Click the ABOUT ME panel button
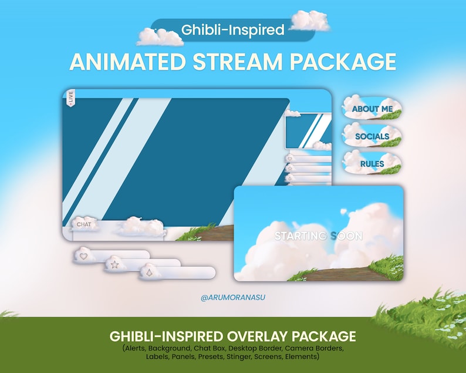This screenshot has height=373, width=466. (372, 109)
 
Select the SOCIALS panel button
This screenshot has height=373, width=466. (372, 136)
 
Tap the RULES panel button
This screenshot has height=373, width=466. (372, 164)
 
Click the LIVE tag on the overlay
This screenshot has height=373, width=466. (70, 98)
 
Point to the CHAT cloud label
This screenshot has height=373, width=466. (84, 224)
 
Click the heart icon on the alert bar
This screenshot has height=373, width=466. (83, 257)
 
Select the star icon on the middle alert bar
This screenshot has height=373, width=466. (114, 265)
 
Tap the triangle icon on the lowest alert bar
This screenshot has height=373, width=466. (148, 273)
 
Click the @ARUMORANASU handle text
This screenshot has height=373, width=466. (233, 298)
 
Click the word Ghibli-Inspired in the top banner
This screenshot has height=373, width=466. (233, 29)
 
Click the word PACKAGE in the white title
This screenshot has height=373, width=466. (342, 61)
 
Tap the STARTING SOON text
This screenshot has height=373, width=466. (319, 236)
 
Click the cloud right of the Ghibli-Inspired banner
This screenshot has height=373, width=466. (310, 21)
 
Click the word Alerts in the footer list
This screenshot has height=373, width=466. (136, 348)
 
